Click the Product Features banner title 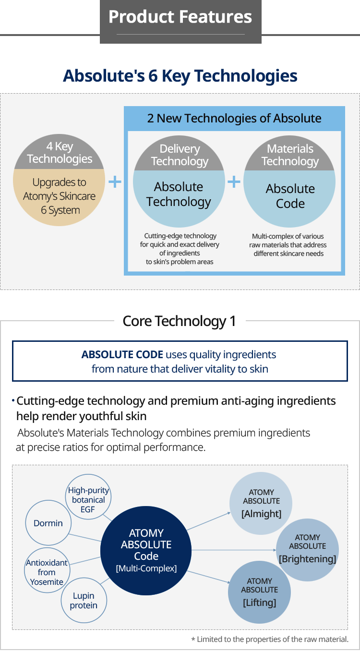(x=180, y=17)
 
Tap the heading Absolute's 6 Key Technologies (x=180, y=76)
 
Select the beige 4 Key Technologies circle (x=59, y=180)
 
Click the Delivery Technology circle (x=179, y=181)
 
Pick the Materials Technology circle (x=289, y=181)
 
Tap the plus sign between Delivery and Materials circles (x=234, y=181)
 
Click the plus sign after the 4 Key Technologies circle (x=115, y=181)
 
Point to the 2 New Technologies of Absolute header (x=234, y=118)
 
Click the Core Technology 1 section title (x=179, y=321)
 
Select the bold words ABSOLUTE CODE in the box (x=122, y=354)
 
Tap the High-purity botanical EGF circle (x=88, y=497)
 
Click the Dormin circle (x=48, y=523)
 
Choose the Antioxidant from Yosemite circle (x=47, y=570)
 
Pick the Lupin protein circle (x=84, y=600)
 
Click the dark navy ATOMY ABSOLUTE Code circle (x=146, y=550)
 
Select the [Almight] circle (x=261, y=503)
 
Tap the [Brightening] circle (x=307, y=550)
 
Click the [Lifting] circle (x=259, y=592)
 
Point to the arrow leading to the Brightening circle (x=234, y=550)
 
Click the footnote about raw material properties (x=270, y=639)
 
